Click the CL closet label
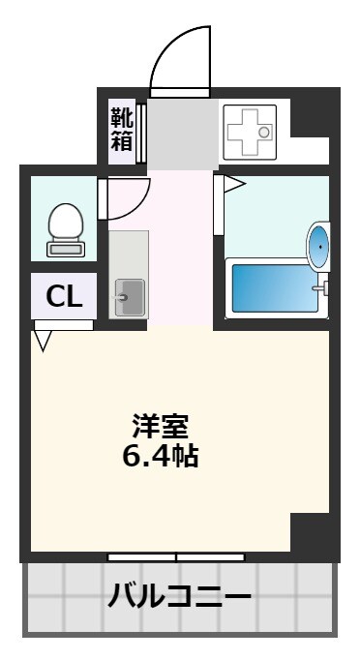click(65, 296)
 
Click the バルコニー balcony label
click(181, 593)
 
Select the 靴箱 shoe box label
click(121, 130)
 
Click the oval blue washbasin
click(318, 247)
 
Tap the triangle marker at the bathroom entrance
click(235, 183)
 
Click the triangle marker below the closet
click(43, 341)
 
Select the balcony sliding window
click(175, 557)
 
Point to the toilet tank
click(66, 249)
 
